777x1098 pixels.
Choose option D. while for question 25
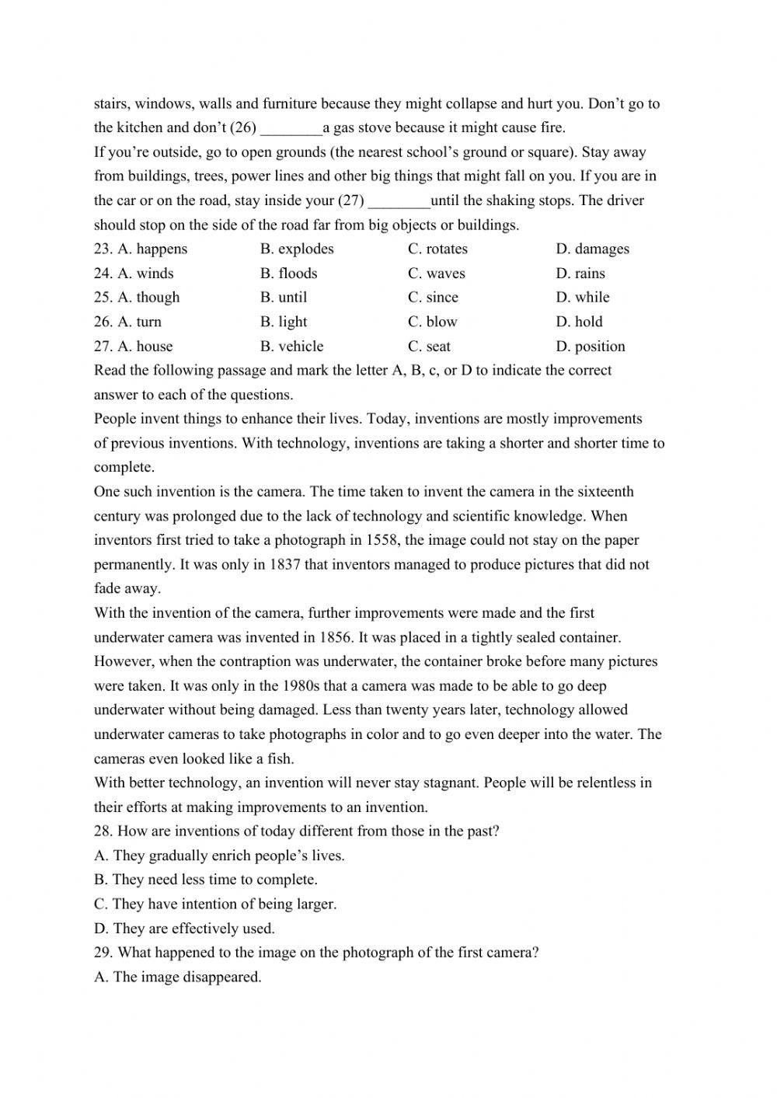[583, 298]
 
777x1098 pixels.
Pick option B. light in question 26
[284, 322]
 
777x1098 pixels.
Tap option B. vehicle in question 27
[291, 347]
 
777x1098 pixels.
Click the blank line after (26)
[291, 128]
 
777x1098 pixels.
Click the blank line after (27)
[399, 201]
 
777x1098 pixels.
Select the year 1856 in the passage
[336, 638]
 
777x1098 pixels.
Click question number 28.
[103, 831]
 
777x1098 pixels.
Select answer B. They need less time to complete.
[206, 880]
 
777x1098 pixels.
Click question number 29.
[103, 953]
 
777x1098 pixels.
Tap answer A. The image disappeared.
[178, 978]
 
